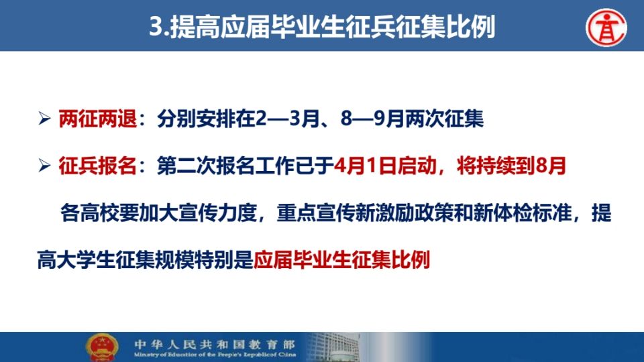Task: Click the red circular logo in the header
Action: coord(606,27)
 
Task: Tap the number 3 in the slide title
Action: coord(157,27)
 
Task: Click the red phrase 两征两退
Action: coord(98,119)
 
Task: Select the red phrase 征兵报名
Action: coord(98,166)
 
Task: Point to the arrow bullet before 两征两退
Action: coord(44,119)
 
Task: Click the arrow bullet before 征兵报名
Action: coord(44,166)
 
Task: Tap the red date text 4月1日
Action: coord(365,166)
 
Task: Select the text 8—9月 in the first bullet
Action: coord(372,119)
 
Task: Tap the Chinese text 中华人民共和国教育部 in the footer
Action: coord(215,344)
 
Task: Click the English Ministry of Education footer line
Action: coord(215,355)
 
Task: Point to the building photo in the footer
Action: coord(333,347)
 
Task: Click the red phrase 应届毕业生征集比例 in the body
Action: coord(341,260)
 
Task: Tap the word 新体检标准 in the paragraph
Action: coord(523,213)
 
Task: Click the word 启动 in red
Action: coord(416,166)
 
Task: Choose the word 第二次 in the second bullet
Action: coord(186,166)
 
